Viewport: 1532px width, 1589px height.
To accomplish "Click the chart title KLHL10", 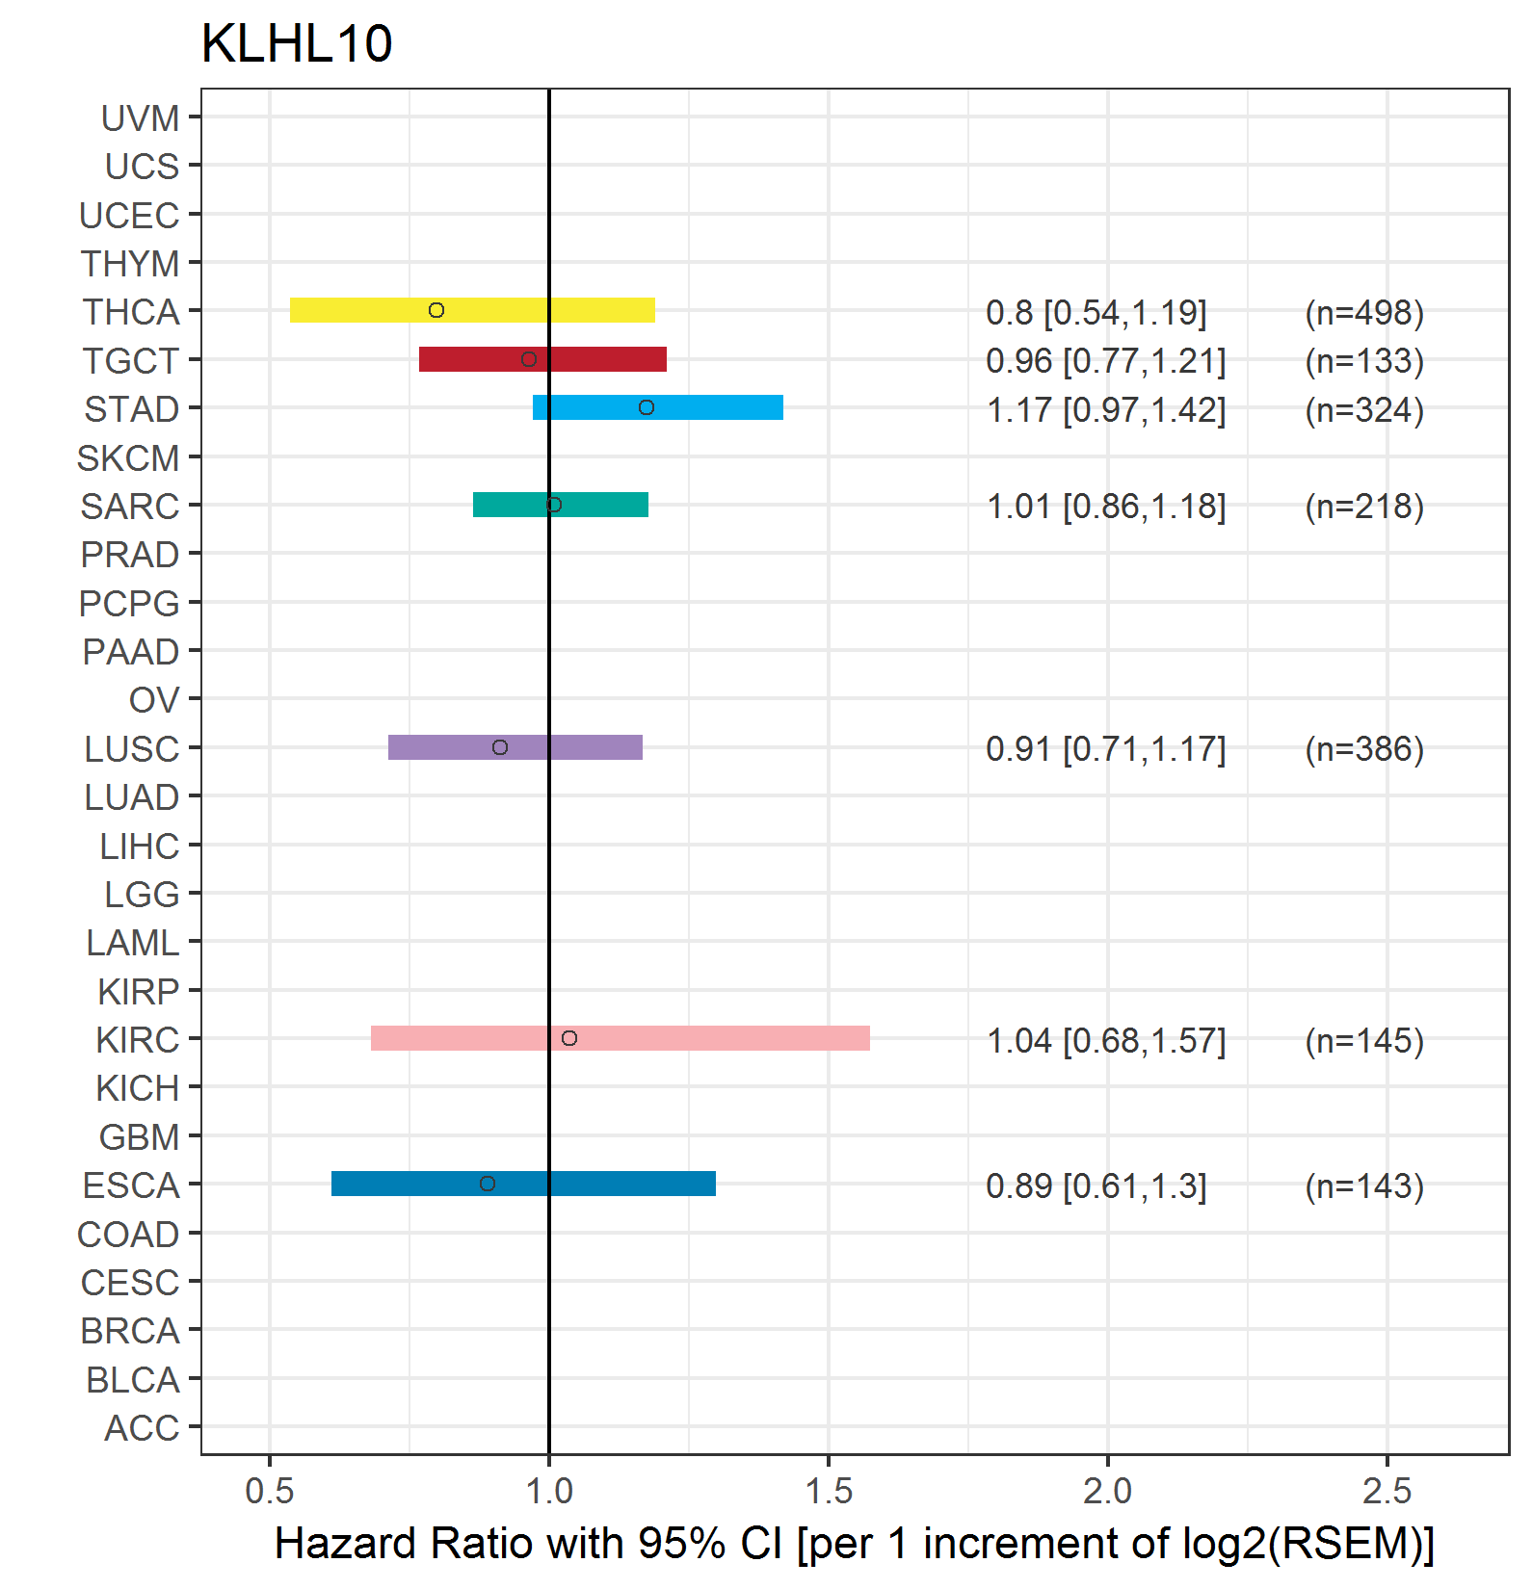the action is click(297, 44).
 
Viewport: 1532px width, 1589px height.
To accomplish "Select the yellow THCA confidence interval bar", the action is click(472, 310).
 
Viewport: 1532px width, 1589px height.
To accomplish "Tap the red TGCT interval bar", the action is click(542, 359).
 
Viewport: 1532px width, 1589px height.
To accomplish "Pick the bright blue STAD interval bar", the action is click(658, 407).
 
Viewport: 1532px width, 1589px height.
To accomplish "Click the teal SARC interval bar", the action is click(561, 505).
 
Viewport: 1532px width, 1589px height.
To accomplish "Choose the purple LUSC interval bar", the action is click(515, 747).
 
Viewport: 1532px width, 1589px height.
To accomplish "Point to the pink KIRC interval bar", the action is click(621, 1038).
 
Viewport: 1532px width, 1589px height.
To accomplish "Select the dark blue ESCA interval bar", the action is click(523, 1184).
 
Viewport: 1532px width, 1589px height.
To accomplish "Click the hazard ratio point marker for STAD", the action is click(647, 407).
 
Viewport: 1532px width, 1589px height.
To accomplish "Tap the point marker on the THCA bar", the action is click(436, 310).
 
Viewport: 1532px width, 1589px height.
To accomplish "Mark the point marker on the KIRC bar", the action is click(569, 1038).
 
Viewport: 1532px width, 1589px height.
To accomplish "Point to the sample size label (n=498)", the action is click(1364, 313).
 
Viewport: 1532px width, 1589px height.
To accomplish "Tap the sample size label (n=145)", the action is click(1364, 1041).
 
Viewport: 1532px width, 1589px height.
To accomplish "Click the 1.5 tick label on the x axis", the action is click(829, 1492).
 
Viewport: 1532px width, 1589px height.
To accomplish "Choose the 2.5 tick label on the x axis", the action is click(1387, 1492).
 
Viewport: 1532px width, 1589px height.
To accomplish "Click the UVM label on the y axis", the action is click(141, 118).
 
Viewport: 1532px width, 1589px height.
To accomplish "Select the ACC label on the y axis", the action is click(142, 1428).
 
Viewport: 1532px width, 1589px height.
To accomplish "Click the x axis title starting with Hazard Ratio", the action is click(855, 1544).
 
